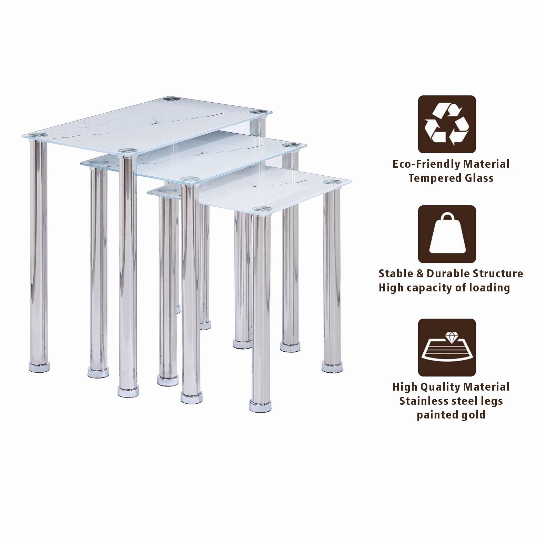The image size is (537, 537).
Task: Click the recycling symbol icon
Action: pyautogui.click(x=447, y=124)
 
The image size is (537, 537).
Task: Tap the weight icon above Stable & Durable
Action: pyautogui.click(x=447, y=235)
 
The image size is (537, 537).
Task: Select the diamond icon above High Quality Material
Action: pyautogui.click(x=447, y=348)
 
